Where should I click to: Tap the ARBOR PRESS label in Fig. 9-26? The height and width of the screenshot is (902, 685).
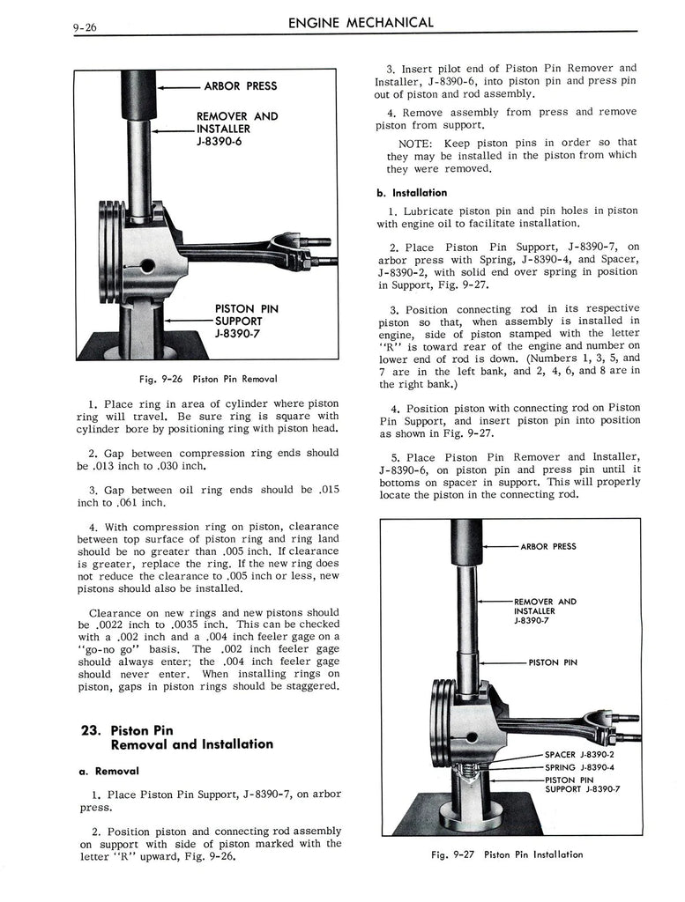tap(240, 86)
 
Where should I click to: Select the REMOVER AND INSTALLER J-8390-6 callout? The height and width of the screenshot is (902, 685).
tap(236, 128)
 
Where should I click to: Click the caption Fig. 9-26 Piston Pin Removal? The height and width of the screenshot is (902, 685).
tap(209, 379)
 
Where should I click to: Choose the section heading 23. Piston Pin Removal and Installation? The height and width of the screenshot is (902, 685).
tap(175, 737)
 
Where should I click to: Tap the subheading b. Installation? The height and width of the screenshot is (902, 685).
tap(412, 193)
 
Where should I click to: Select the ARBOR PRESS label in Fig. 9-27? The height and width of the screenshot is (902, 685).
tap(547, 547)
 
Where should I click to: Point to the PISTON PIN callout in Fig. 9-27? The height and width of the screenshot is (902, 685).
tap(553, 663)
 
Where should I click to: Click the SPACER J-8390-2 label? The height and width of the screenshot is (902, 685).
tap(579, 755)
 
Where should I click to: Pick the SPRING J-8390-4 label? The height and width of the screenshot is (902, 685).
tap(578, 767)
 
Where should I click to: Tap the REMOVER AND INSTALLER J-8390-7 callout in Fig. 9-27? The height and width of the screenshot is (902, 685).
tap(544, 611)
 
